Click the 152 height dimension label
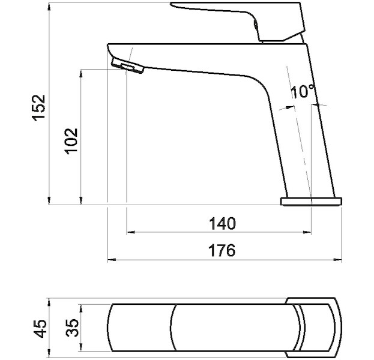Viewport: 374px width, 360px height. click(38, 108)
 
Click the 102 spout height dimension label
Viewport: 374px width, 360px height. click(72, 141)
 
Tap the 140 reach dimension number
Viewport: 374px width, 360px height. click(222, 223)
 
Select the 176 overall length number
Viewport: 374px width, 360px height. click(222, 250)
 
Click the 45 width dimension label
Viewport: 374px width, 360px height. click(40, 329)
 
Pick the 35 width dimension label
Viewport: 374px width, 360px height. click(72, 328)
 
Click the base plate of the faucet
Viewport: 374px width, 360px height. click(312, 202)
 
